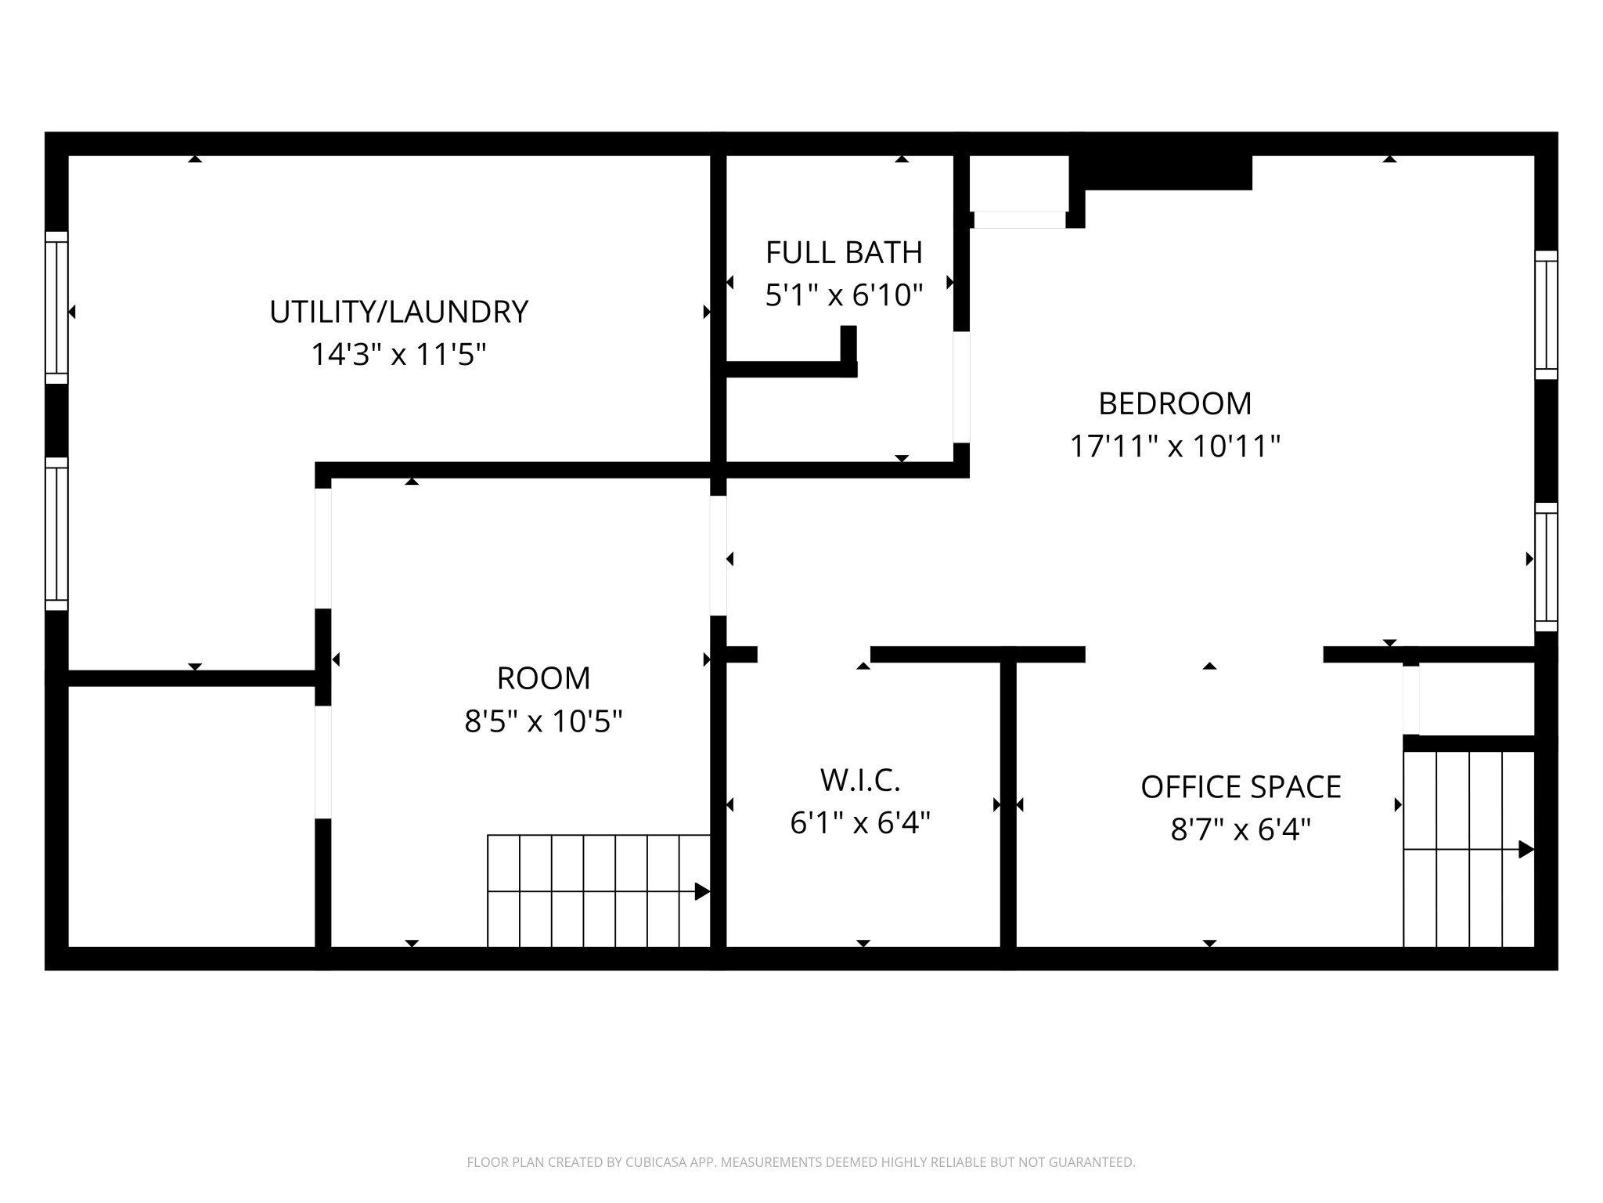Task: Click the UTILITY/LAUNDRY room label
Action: click(x=398, y=312)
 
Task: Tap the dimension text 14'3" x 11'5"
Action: click(x=398, y=355)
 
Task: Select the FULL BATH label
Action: click(x=844, y=253)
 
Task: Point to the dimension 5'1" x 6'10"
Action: click(x=844, y=295)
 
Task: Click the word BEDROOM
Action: click(x=1175, y=404)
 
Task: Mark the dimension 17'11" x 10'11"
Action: click(x=1175, y=446)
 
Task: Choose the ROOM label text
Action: click(x=543, y=678)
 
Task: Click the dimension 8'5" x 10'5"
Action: click(x=543, y=721)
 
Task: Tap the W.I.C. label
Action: click(x=860, y=780)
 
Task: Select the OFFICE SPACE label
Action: click(x=1241, y=787)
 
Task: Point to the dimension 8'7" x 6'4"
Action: click(x=1241, y=829)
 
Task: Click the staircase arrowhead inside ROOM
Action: click(x=702, y=891)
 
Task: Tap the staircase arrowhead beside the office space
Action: click(x=1526, y=849)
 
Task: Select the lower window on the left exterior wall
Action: click(x=56, y=533)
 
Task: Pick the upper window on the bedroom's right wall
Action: click(x=1546, y=315)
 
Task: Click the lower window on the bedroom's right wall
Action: click(x=1546, y=567)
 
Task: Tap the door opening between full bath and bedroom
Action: click(x=961, y=387)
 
